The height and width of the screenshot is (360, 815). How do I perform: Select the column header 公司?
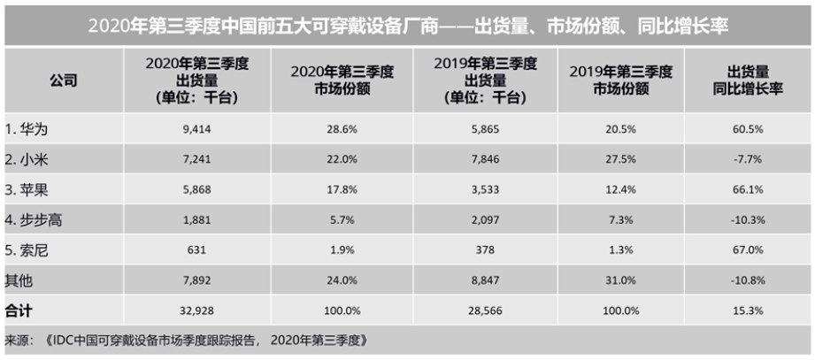point(64,80)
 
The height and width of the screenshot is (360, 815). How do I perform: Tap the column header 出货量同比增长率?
point(749,80)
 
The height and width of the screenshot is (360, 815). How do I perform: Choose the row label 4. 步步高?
point(34,220)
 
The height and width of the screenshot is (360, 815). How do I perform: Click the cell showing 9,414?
point(196,130)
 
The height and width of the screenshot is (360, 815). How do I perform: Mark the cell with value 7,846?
point(485,160)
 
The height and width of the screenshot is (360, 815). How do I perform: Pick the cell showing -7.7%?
point(749,160)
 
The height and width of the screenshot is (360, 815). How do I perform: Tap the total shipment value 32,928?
point(196,311)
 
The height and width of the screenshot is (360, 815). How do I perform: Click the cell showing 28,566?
point(485,311)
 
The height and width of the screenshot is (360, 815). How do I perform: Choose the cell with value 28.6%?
point(342,130)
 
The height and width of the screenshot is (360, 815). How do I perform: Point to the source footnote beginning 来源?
point(187,341)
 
